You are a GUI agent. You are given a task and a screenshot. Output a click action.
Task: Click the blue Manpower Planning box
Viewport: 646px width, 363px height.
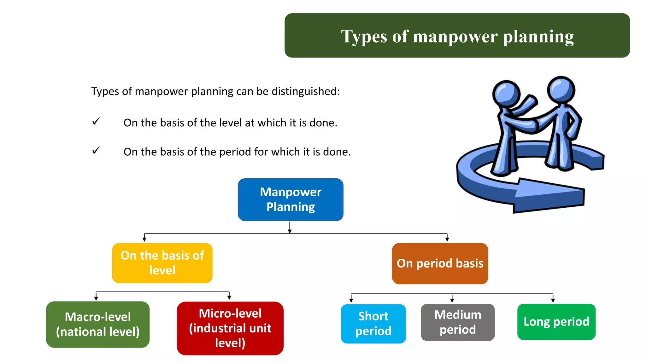pyautogui.click(x=291, y=199)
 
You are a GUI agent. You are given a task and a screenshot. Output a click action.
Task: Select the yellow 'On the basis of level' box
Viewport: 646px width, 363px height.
pyautogui.click(x=162, y=263)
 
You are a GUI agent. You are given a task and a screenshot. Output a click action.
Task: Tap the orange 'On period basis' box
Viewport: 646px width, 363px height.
pyautogui.click(x=440, y=263)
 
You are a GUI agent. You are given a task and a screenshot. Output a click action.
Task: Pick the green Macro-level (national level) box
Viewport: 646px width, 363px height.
pyautogui.click(x=98, y=324)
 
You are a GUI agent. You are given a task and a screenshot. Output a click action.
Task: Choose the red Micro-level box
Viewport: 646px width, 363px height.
pyautogui.click(x=230, y=328)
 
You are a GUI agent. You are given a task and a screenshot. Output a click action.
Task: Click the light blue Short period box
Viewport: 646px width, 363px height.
pyautogui.click(x=373, y=323)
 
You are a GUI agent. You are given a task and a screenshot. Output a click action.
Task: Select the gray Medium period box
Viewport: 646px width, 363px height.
pyautogui.click(x=458, y=322)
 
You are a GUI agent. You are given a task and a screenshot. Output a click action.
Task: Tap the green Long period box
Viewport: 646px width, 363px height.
pyautogui.click(x=556, y=322)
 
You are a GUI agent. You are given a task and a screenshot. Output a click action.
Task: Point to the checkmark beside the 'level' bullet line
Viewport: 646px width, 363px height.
pyautogui.click(x=96, y=121)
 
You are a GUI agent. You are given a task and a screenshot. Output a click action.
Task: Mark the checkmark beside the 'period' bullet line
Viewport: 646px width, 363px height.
pyautogui.click(x=96, y=150)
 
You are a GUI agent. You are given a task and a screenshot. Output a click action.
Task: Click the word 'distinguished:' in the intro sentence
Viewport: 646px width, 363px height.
pyautogui.click(x=306, y=91)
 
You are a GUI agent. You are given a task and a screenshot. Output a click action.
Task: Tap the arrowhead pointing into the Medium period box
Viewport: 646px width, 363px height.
pyautogui.click(x=452, y=300)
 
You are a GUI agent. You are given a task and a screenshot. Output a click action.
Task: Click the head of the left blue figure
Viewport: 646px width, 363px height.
pyautogui.click(x=506, y=94)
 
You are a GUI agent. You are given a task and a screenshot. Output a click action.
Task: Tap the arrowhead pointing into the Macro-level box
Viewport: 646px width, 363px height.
pyautogui.click(x=96, y=298)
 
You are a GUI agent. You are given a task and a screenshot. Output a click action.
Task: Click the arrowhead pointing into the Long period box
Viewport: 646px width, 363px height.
pyautogui.click(x=553, y=300)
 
